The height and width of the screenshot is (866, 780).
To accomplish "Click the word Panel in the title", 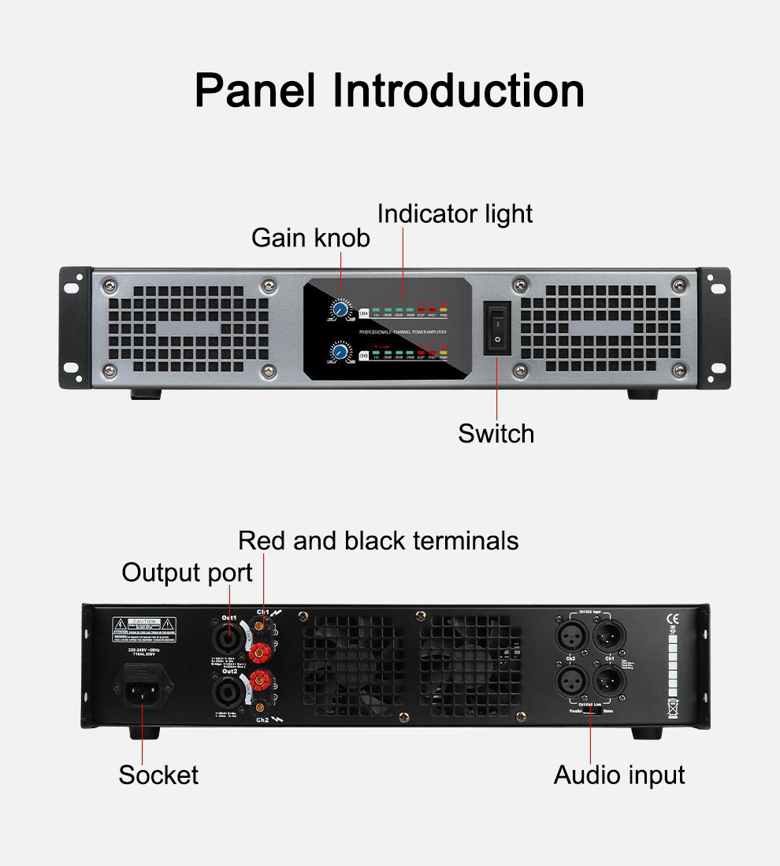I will click(255, 91).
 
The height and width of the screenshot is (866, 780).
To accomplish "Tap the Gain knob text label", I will click(310, 237).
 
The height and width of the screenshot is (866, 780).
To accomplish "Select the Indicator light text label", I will click(455, 213).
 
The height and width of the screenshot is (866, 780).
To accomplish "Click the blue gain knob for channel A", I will click(341, 310).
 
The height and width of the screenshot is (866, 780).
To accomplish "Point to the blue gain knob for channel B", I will click(341, 352).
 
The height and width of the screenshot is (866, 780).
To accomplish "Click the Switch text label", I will click(496, 433).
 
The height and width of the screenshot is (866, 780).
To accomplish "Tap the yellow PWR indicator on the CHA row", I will click(444, 312).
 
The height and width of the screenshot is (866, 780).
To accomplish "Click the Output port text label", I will click(187, 572).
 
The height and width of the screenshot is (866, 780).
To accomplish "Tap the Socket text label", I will click(158, 775).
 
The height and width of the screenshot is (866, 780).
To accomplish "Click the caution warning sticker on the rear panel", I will click(143, 627).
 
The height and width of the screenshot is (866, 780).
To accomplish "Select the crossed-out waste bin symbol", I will click(672, 706).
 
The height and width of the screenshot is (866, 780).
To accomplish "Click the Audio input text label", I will click(619, 775).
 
